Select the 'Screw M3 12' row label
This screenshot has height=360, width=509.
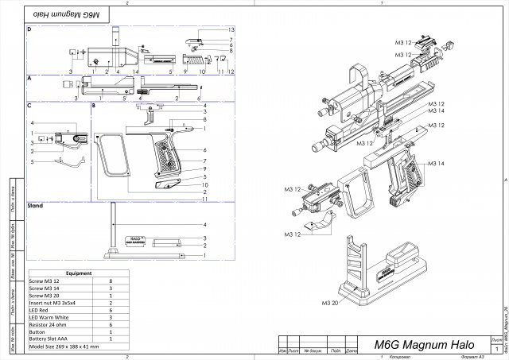point(45,281)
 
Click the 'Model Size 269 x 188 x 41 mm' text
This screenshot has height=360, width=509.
point(64,347)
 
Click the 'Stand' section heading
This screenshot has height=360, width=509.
point(35,205)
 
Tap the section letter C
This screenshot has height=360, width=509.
point(29,105)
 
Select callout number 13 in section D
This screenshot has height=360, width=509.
point(231,29)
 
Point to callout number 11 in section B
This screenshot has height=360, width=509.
point(205,199)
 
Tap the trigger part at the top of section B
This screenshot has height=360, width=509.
point(151,116)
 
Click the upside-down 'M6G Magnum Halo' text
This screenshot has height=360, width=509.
point(58,14)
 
